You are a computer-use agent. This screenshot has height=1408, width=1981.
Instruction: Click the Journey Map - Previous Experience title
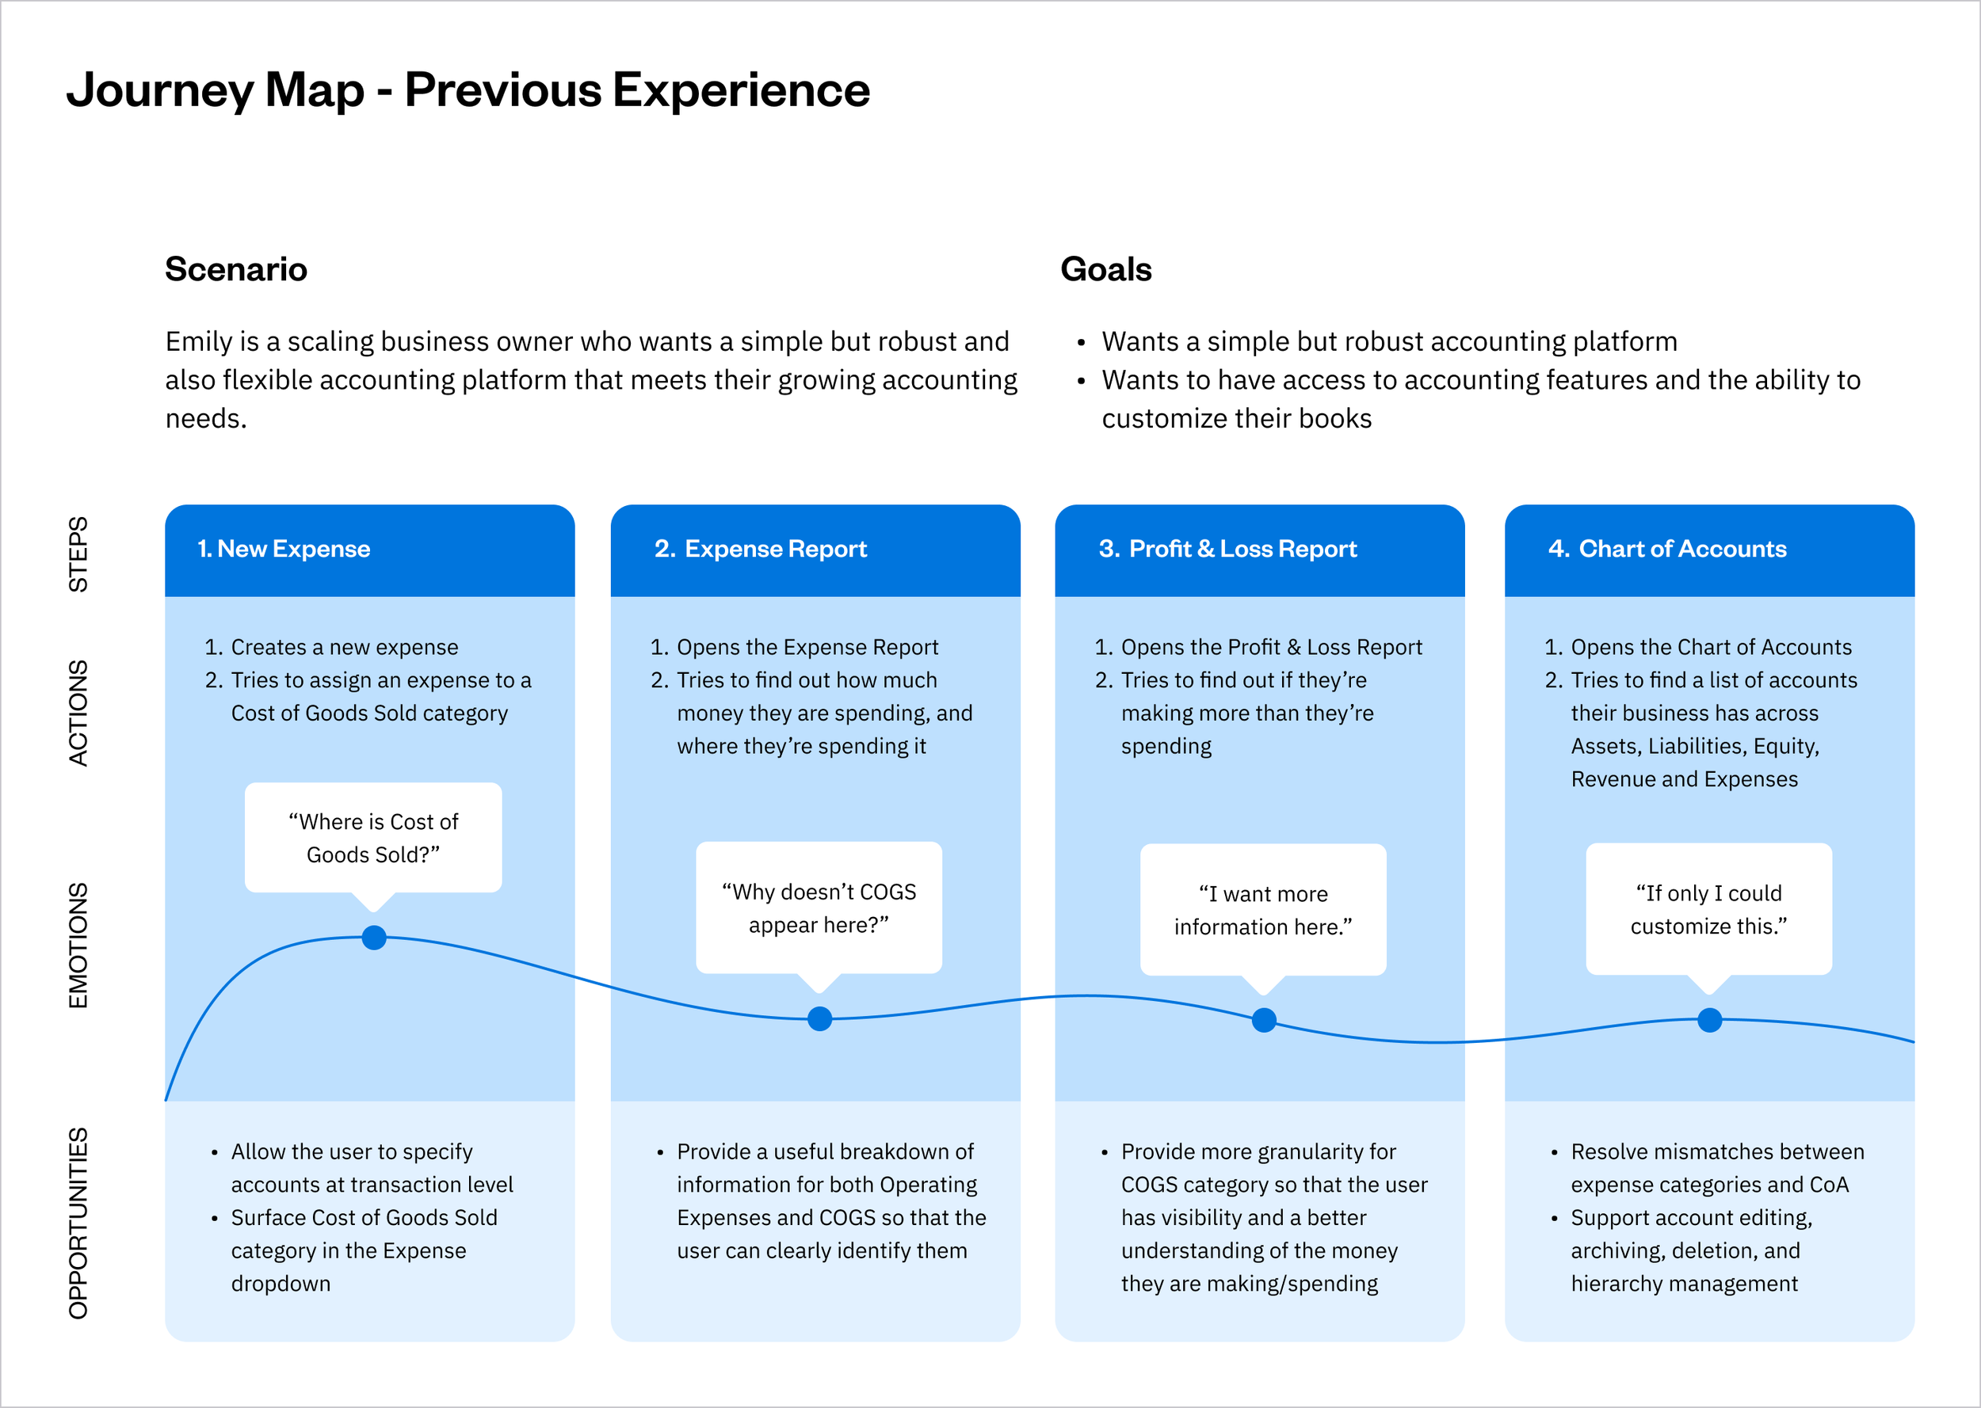point(468,90)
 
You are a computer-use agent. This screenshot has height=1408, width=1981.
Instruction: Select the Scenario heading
point(236,269)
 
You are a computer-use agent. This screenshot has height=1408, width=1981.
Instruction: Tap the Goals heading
point(1106,269)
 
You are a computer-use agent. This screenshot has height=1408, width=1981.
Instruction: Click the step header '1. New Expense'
point(284,549)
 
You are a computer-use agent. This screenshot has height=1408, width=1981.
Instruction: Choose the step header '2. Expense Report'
point(761,549)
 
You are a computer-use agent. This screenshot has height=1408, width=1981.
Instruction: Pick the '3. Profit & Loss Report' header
point(1227,549)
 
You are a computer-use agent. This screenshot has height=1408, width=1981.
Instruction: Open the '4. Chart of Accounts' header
point(1667,549)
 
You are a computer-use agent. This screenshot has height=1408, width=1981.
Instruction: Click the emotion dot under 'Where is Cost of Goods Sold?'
point(374,938)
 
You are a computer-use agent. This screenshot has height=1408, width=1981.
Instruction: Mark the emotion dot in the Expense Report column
point(819,1018)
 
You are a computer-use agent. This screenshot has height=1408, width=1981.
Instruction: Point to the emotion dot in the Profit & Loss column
point(1264,1021)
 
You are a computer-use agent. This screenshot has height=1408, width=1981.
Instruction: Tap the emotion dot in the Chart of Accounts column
point(1709,1021)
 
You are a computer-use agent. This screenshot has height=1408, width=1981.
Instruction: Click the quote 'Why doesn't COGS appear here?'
point(819,908)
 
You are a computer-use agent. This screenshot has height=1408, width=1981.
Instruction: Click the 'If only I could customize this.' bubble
point(1708,908)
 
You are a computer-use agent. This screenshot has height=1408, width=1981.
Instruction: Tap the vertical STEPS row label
point(78,554)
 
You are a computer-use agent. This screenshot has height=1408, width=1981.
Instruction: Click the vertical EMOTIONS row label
point(78,945)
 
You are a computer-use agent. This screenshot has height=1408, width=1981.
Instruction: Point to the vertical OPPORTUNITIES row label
point(78,1223)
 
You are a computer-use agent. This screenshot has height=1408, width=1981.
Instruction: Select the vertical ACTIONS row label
point(78,713)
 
